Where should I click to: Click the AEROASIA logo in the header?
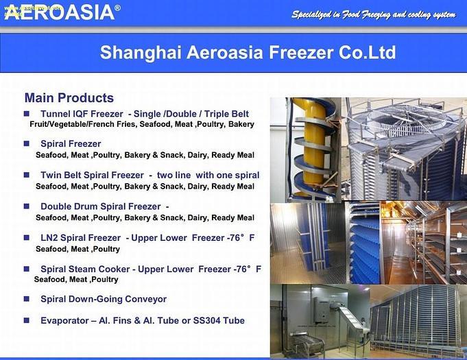(x=58, y=12)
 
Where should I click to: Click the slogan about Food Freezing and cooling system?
(x=373, y=14)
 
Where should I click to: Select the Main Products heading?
(x=69, y=98)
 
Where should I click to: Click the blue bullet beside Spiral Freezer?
(x=27, y=144)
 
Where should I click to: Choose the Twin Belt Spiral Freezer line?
(x=92, y=176)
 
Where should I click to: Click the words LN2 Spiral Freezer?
(x=80, y=238)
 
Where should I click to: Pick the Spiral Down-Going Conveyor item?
(x=104, y=299)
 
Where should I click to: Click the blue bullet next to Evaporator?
(x=27, y=320)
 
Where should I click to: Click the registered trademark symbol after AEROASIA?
(x=117, y=8)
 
